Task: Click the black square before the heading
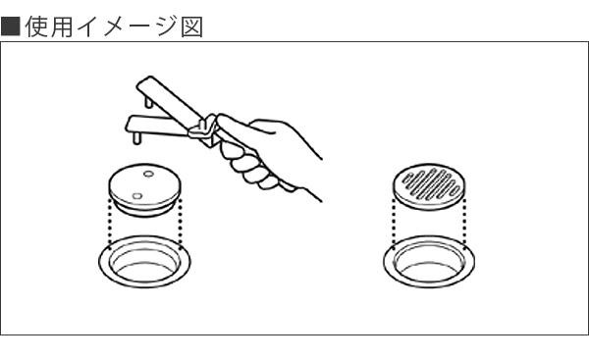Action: click(10, 26)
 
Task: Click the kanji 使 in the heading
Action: click(37, 27)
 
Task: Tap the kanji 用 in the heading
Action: click(62, 27)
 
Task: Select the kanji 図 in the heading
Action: click(192, 27)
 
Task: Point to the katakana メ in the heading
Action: click(115, 27)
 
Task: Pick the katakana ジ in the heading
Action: click(166, 27)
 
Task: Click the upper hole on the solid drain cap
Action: click(148, 174)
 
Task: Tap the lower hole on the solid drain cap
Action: click(137, 195)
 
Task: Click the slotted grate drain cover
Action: click(429, 186)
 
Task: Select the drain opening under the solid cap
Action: click(144, 262)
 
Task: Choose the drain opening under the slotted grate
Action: click(429, 262)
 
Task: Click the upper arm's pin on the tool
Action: click(148, 101)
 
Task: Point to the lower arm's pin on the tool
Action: click(137, 136)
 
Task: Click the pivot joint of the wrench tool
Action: click(203, 128)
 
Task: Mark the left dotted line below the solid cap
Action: click(109, 223)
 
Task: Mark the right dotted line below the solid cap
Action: click(181, 223)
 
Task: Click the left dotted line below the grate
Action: click(394, 223)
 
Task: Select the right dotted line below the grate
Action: click(464, 223)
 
